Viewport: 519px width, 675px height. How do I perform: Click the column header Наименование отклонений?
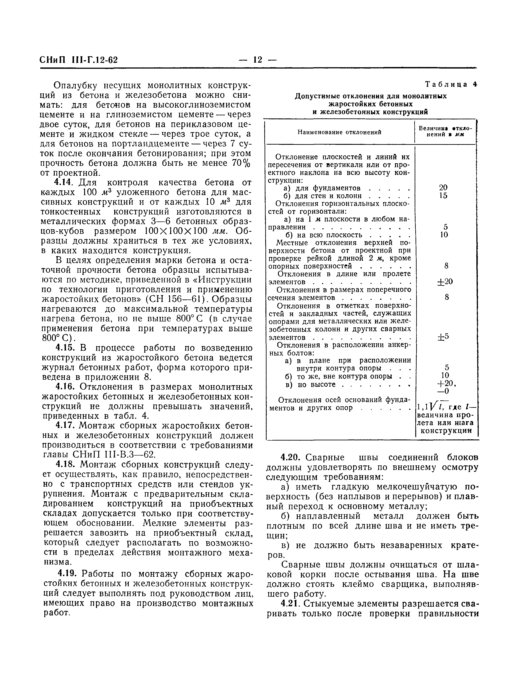(x=339, y=132)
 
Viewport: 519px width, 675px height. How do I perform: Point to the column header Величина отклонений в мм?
(x=445, y=132)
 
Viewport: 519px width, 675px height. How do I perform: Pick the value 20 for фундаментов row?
(x=443, y=187)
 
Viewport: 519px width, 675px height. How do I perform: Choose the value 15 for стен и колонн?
(x=443, y=196)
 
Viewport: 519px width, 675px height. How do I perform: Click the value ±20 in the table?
(x=445, y=282)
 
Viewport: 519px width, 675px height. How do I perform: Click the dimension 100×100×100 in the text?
(x=176, y=231)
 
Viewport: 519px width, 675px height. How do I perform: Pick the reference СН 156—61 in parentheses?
(x=175, y=299)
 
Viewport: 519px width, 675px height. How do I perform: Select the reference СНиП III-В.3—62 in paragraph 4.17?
(x=114, y=455)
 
